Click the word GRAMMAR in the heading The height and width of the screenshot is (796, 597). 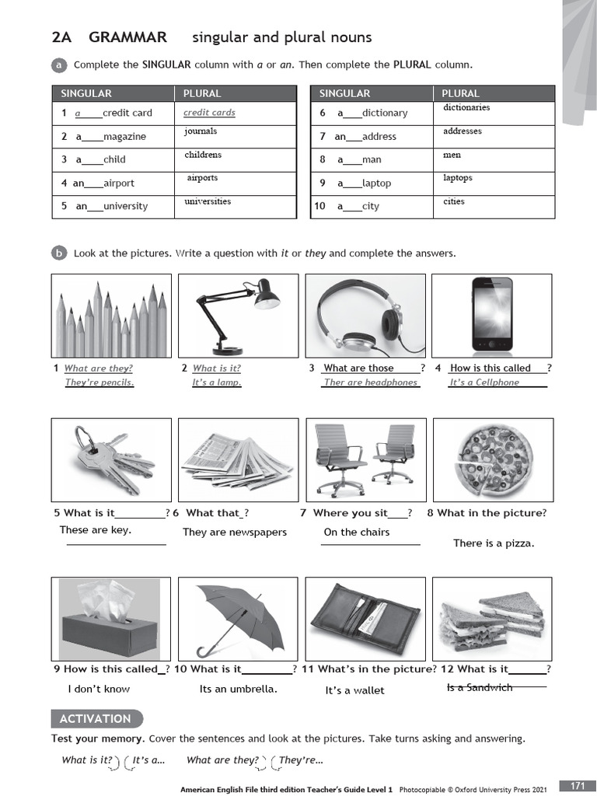coord(127,37)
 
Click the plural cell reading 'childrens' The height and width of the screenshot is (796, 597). coord(203,155)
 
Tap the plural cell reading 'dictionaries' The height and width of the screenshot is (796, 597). coord(466,108)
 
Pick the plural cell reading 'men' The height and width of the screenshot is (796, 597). coord(452,155)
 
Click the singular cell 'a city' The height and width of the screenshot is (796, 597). coord(358,207)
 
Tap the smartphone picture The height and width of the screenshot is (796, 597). coord(492,314)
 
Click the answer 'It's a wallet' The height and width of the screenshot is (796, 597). coord(354,690)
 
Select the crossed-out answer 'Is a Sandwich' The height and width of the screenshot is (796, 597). coord(480,687)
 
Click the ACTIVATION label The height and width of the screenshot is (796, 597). coord(96,719)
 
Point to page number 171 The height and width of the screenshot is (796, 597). coord(577,786)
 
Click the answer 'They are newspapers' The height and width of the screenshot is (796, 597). coord(235,532)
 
